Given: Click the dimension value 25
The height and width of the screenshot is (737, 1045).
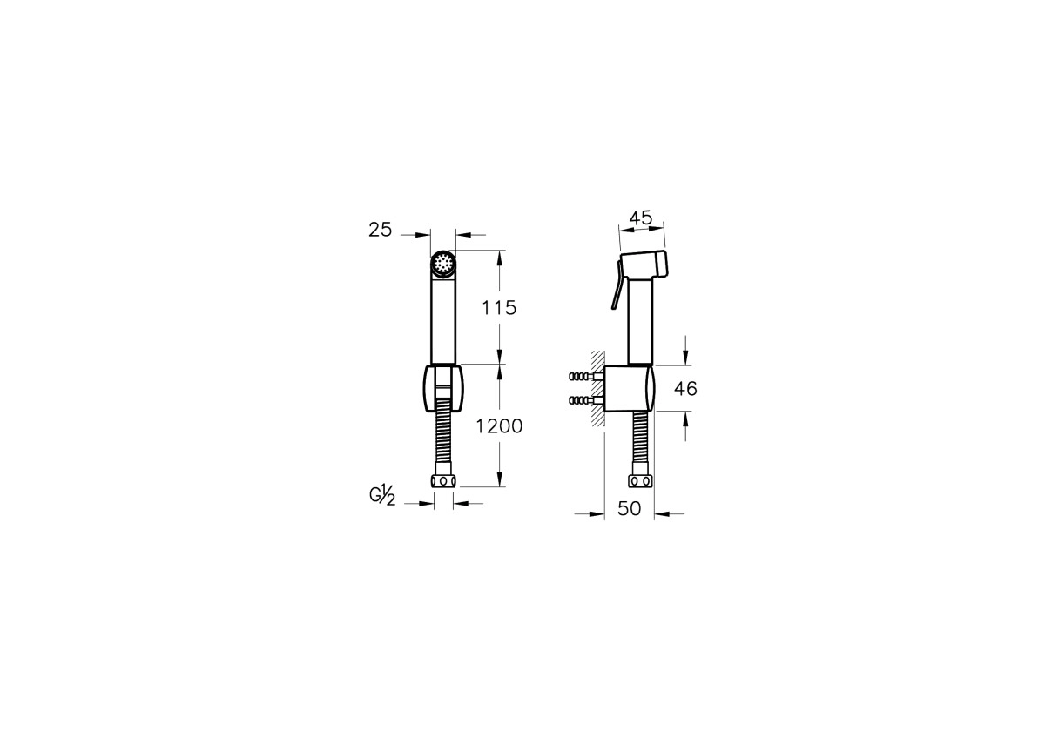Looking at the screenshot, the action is coord(381,230).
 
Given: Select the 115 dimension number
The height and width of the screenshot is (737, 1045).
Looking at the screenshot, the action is coord(499,308).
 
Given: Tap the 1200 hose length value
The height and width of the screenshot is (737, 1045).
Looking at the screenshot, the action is coord(499,426).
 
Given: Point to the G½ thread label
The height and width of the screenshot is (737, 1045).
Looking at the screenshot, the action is coord(382,495).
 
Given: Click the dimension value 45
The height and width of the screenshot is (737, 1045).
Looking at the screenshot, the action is coord(641,218).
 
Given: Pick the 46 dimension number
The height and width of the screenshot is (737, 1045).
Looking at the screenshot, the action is coord(685,388).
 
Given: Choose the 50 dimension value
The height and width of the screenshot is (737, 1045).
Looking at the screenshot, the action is coord(630,508).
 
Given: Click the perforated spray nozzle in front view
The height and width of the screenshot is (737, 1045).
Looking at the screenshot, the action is coord(442,265).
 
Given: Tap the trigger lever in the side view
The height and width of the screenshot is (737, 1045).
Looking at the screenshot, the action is coord(617,285).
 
